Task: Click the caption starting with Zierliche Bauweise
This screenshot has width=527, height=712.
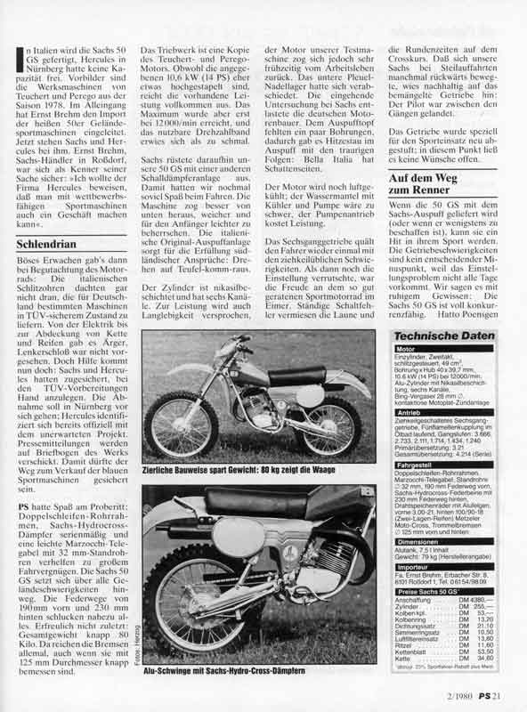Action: pyautogui.click(x=247, y=466)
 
